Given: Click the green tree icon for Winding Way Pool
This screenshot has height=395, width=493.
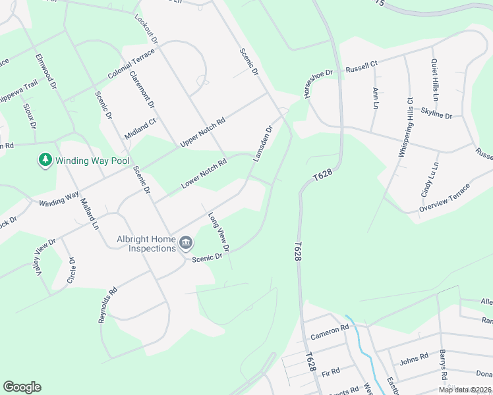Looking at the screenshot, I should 45,160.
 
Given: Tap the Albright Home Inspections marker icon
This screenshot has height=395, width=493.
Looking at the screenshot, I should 185,243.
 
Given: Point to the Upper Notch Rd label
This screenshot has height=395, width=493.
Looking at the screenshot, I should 202,132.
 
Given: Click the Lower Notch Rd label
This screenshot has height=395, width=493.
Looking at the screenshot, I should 204,174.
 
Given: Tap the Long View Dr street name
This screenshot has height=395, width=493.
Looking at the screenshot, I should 218,232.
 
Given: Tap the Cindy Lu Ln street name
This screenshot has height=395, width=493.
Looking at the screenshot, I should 428,180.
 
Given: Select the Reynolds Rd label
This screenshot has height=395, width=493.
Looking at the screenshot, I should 107,304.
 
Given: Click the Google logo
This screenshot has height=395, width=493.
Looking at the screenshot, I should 22,387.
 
